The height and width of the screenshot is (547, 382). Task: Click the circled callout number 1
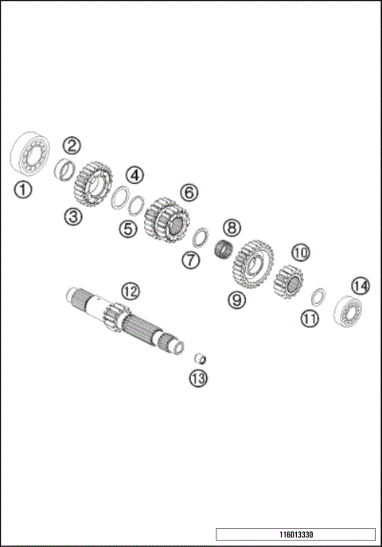(x=24, y=189)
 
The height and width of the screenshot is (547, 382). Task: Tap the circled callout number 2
(x=72, y=145)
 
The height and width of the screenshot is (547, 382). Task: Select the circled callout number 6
(x=189, y=192)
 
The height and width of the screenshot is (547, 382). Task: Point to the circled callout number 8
(x=231, y=228)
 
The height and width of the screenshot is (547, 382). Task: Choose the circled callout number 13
(x=197, y=379)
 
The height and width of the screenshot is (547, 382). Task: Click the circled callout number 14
(x=361, y=284)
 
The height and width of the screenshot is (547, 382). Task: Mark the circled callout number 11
(x=309, y=318)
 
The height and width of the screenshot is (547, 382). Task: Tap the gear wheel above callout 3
(x=92, y=184)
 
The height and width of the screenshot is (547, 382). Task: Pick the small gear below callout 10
(x=290, y=279)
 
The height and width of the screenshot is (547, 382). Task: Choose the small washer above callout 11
(x=316, y=295)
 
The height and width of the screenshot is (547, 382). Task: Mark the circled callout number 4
(x=134, y=174)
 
